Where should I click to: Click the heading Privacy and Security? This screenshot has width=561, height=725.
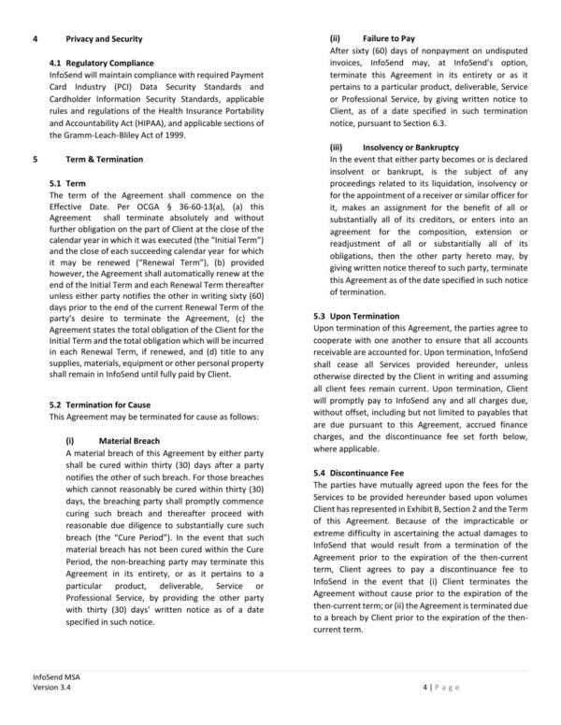tap(104, 39)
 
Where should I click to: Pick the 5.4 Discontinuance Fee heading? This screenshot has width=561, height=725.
tap(358, 473)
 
